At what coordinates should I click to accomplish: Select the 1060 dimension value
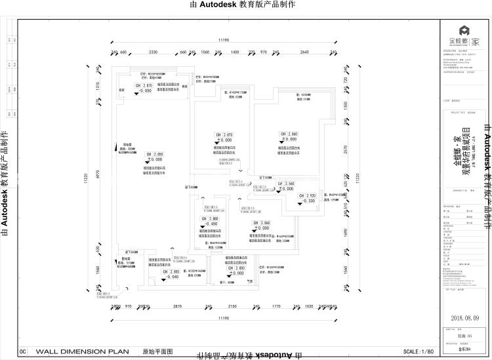[205, 52]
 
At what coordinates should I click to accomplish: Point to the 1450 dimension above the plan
[234, 52]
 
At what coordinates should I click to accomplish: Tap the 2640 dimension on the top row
[304, 52]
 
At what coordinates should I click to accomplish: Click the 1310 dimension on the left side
[97, 85]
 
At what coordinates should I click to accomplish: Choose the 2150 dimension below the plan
[232, 306]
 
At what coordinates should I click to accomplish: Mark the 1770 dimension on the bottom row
[276, 306]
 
